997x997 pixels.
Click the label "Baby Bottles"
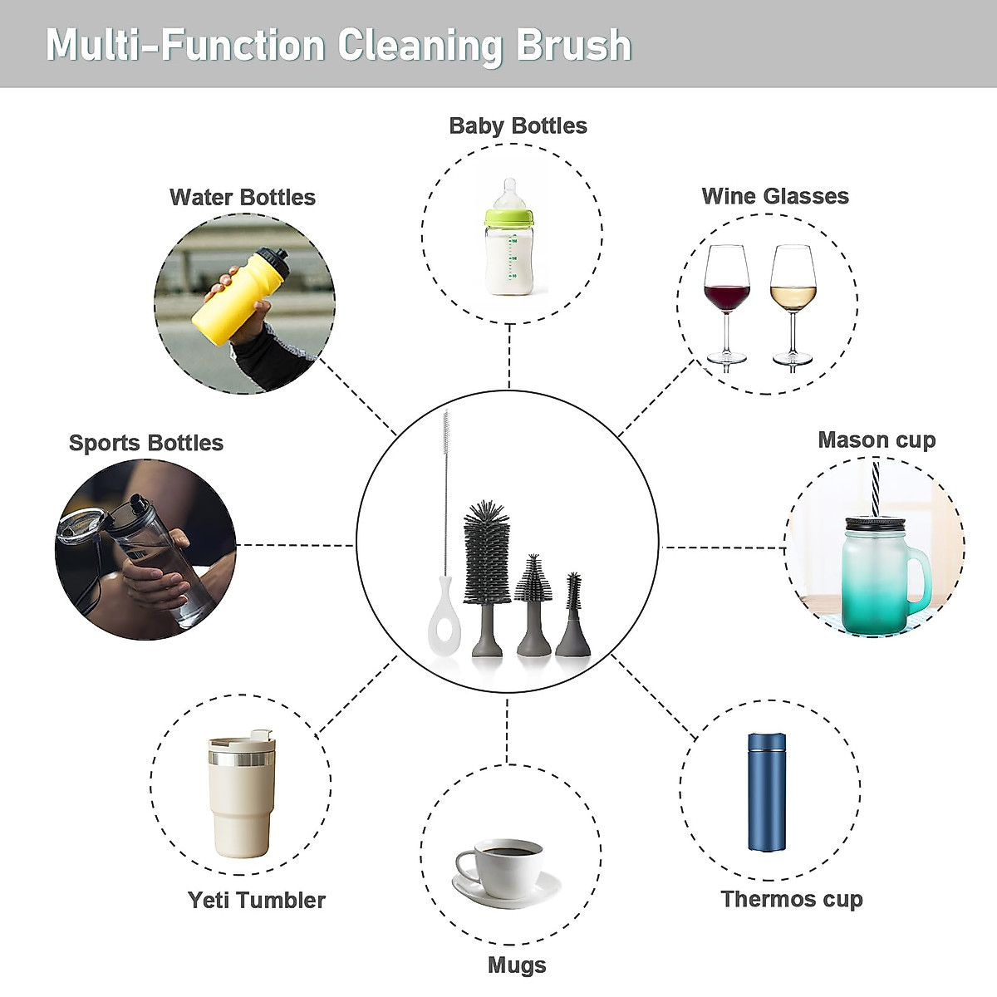(518, 126)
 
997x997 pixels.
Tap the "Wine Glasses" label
(775, 197)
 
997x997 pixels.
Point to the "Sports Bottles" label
(146, 443)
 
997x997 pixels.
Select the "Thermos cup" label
(792, 899)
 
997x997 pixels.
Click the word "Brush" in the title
(573, 45)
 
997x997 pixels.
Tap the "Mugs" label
(517, 965)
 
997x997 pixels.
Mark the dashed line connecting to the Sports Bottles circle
(296, 546)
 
